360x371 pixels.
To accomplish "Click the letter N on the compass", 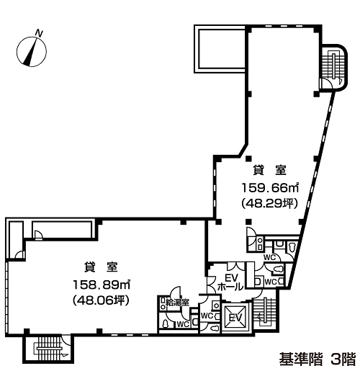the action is tap(39, 33).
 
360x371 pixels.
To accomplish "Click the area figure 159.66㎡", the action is tap(270, 187).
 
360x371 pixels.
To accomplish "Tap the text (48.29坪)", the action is tap(270, 204).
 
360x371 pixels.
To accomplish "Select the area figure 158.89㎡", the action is tap(102, 285).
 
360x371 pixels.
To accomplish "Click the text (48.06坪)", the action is tap(101, 300).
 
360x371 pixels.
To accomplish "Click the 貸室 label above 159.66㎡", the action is tap(270, 170).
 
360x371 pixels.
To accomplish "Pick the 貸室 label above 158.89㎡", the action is tap(101, 267).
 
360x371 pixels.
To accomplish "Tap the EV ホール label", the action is tap(230, 282).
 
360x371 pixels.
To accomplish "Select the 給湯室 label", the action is tap(177, 303).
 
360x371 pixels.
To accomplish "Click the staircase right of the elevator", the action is tap(265, 312).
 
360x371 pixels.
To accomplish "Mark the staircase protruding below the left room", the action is tap(48, 349).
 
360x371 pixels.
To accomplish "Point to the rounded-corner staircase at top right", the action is tap(334, 68).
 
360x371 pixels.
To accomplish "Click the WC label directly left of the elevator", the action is tap(207, 316).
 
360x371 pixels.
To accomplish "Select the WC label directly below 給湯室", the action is tap(183, 324).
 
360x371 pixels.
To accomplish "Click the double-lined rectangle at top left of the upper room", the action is tap(220, 49).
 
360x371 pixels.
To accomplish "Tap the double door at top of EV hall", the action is tap(236, 266).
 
